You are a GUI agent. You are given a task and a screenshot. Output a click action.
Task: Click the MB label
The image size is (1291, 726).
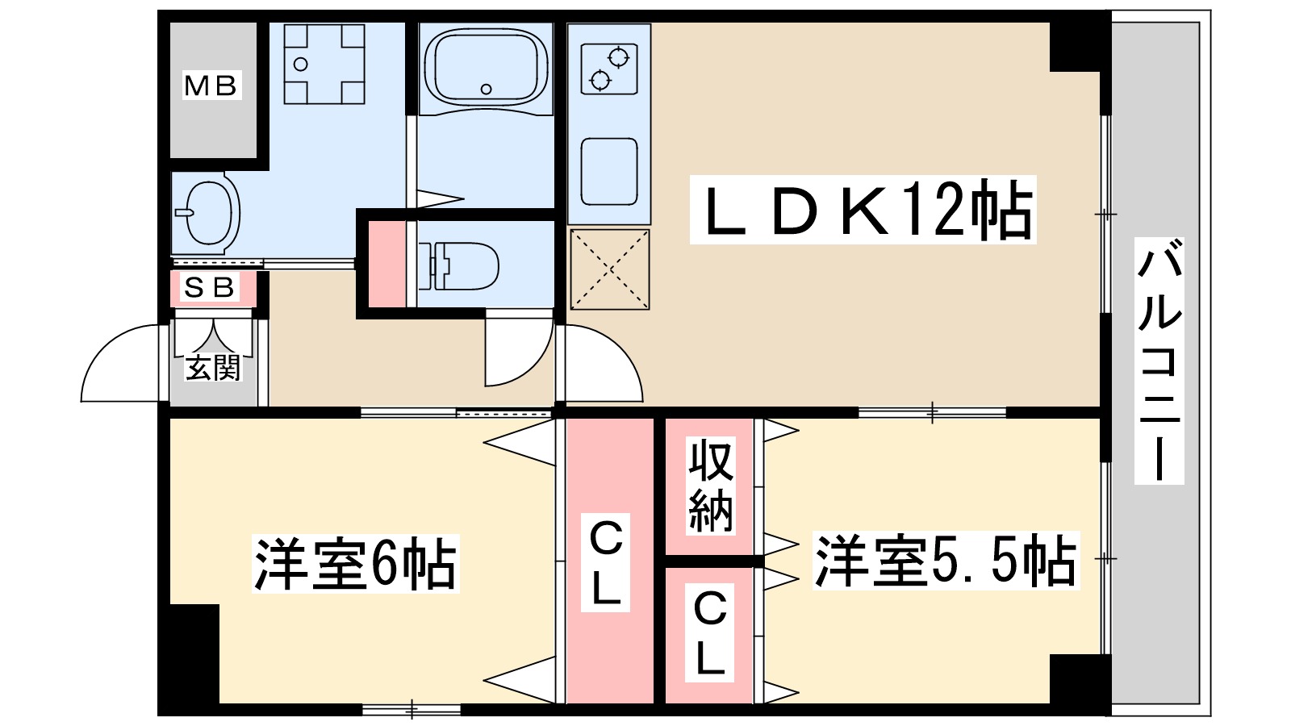click(211, 86)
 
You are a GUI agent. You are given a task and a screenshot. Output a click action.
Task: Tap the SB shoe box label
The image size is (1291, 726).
click(211, 287)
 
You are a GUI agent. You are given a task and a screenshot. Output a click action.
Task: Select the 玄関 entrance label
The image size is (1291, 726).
click(213, 367)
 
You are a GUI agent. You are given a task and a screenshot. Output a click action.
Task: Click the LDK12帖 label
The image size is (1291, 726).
click(863, 210)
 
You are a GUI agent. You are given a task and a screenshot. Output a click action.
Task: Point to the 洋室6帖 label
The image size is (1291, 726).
click(355, 564)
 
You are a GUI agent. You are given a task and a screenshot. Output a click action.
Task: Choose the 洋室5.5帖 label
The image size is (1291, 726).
click(945, 561)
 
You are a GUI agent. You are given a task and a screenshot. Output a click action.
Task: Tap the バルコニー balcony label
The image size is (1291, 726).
click(1159, 361)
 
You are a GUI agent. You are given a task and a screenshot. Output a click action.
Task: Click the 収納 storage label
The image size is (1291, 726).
click(711, 486)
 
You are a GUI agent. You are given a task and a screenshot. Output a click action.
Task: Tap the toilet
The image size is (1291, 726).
click(459, 265)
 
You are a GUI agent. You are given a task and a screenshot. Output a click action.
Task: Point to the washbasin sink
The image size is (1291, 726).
click(207, 213)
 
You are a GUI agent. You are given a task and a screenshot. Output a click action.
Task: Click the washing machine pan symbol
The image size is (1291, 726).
click(324, 64)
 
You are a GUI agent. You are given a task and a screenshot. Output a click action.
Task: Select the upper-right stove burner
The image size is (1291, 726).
click(618, 57)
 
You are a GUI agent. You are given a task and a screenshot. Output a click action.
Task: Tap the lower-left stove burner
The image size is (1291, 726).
click(600, 80)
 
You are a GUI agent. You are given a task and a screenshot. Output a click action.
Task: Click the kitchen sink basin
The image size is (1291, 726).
click(609, 172)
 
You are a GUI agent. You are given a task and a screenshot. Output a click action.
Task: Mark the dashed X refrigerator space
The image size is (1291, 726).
click(610, 269)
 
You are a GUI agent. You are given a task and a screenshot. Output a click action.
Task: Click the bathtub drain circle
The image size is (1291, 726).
click(486, 90)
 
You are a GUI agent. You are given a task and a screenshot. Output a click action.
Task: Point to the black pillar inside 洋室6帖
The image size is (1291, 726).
click(194, 653)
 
